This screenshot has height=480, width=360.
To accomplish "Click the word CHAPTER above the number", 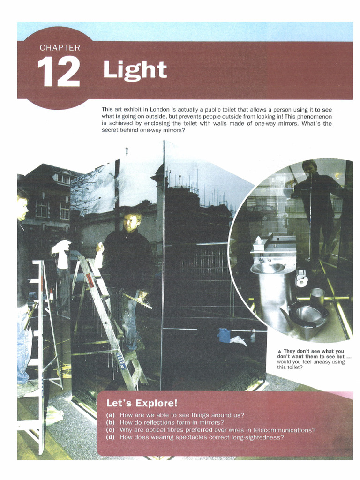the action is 60,48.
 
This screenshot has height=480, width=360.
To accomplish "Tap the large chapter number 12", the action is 59,72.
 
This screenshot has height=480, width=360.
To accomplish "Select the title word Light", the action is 135,70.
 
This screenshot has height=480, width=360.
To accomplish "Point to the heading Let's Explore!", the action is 142,403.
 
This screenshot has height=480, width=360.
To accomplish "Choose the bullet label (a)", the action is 110,415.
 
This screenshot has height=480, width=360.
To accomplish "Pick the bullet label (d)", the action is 110,437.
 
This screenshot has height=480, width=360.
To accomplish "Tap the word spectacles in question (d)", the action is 194,437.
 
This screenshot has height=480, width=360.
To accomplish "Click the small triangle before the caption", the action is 279,351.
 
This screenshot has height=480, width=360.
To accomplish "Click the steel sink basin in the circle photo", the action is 268,269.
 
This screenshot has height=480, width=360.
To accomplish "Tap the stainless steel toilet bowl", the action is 306,315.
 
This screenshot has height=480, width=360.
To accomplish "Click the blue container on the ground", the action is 224,335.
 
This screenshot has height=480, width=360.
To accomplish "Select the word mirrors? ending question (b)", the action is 213,423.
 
